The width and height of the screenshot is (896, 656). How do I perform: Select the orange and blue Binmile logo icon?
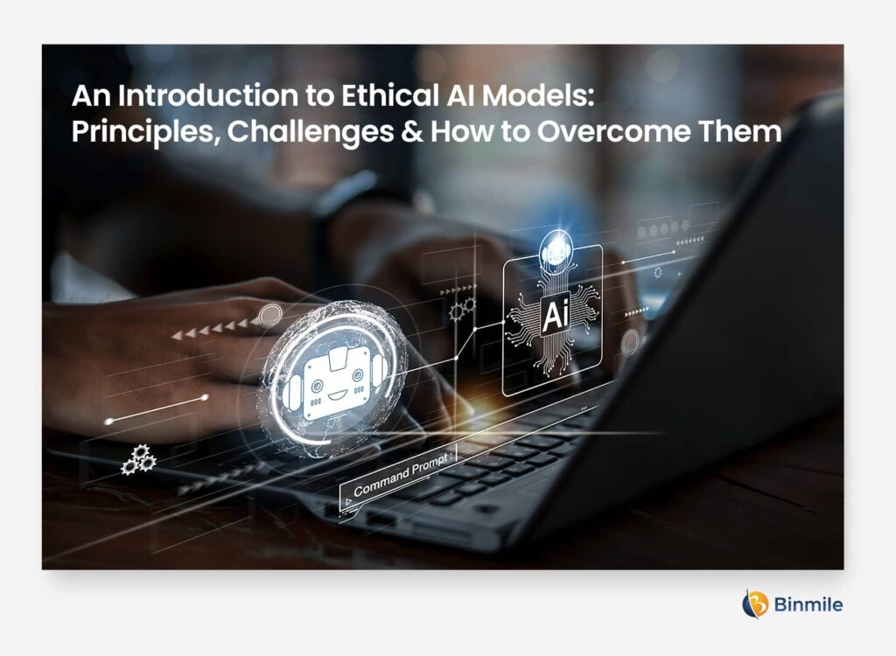(x=755, y=604)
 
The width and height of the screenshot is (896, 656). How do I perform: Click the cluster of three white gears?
(x=137, y=458)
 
